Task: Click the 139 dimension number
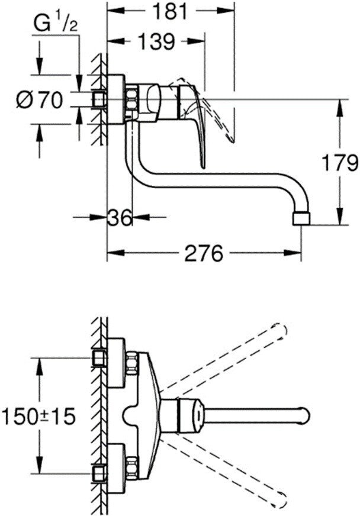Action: [156, 41]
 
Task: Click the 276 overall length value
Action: [203, 254]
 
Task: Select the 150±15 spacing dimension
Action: [38, 416]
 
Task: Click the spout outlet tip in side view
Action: [301, 218]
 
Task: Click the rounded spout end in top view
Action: [304, 415]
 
